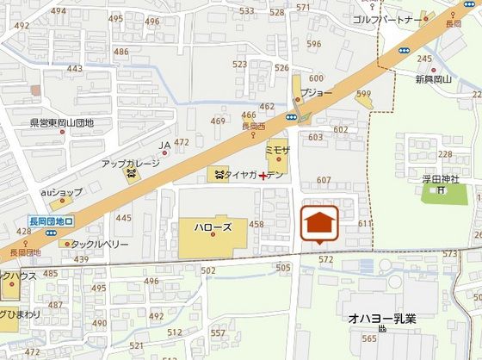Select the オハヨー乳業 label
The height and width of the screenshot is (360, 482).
click(x=382, y=319)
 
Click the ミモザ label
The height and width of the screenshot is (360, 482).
click(x=279, y=149)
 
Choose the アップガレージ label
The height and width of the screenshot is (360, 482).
click(x=131, y=163)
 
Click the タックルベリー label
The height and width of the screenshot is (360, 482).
click(x=99, y=244)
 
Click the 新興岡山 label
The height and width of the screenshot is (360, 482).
click(x=433, y=78)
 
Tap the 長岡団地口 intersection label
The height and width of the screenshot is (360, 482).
click(x=45, y=220)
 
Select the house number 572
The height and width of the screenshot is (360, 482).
click(x=325, y=258)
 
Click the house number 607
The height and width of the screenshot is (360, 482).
click(x=324, y=180)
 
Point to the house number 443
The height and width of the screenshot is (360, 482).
click(x=75, y=69)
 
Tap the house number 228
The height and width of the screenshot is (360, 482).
click(x=445, y=154)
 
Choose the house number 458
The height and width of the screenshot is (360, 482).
click(x=256, y=224)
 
